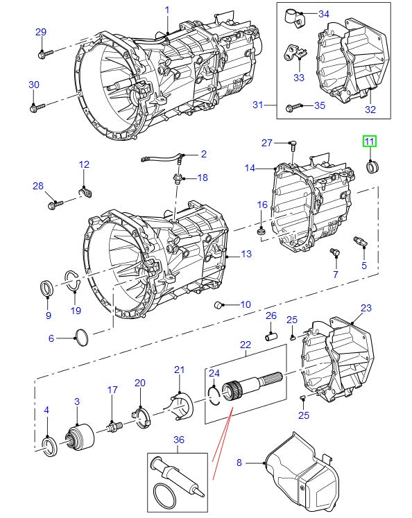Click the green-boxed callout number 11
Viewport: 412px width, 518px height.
tap(369, 142)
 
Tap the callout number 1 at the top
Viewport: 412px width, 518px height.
tap(166, 10)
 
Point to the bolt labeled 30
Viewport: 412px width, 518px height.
tap(36, 107)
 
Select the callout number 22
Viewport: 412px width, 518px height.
tap(245, 345)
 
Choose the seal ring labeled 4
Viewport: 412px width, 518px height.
tap(49, 446)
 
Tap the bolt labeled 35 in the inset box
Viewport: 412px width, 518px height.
tap(292, 106)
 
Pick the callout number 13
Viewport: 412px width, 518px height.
tap(246, 254)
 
